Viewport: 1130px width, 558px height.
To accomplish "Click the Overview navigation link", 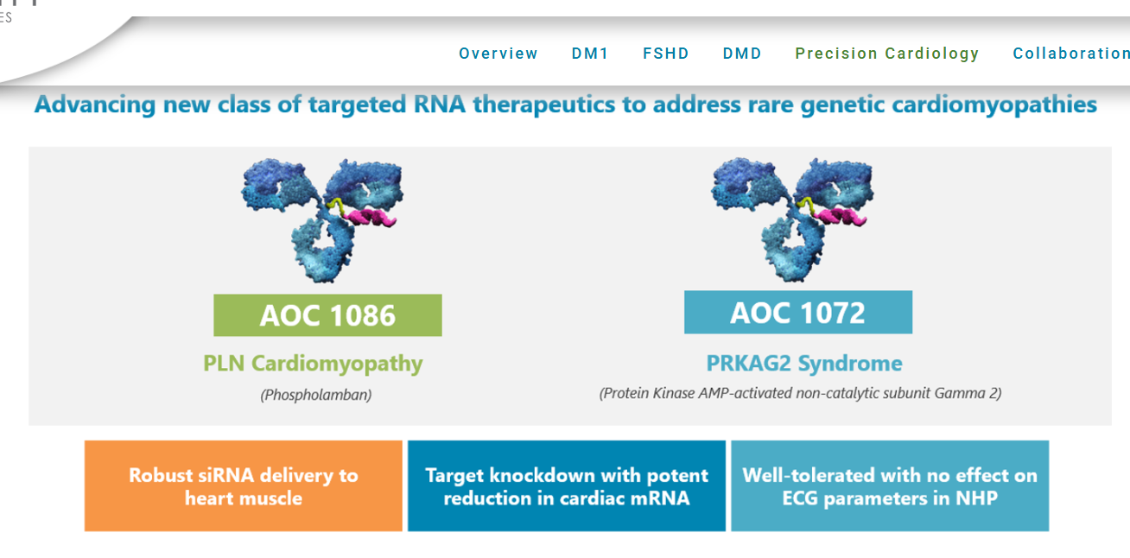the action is click(498, 54).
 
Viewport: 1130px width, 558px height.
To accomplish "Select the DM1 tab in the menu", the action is click(590, 54).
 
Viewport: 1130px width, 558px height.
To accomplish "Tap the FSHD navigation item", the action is click(665, 54).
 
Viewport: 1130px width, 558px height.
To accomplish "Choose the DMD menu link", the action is click(741, 54).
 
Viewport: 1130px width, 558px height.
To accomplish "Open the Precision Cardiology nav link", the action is click(887, 54).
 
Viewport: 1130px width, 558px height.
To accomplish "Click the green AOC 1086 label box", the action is click(327, 315).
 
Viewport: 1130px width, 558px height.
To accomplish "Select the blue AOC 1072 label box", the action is click(798, 313).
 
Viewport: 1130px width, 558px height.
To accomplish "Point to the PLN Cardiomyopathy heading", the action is click(313, 364).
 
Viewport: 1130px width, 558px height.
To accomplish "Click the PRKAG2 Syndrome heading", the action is click(804, 364).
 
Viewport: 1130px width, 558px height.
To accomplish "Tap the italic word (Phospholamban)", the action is click(316, 395).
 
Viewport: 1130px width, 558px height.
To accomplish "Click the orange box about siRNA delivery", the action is click(243, 485).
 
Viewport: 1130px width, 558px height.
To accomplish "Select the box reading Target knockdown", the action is click(567, 485).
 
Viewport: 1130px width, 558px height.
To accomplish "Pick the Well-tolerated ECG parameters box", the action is click(890, 485).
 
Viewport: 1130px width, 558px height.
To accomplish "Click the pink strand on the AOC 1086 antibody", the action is click(371, 217).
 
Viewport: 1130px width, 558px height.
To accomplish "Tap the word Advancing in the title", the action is click(95, 105).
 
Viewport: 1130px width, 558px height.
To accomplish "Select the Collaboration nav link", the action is click(1071, 54).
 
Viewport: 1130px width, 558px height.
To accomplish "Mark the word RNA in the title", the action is click(440, 105).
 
